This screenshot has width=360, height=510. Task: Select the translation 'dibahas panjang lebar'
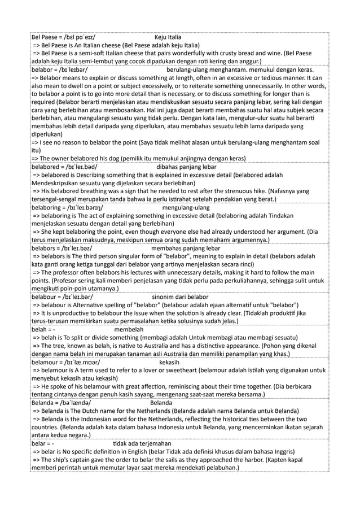(189, 167)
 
